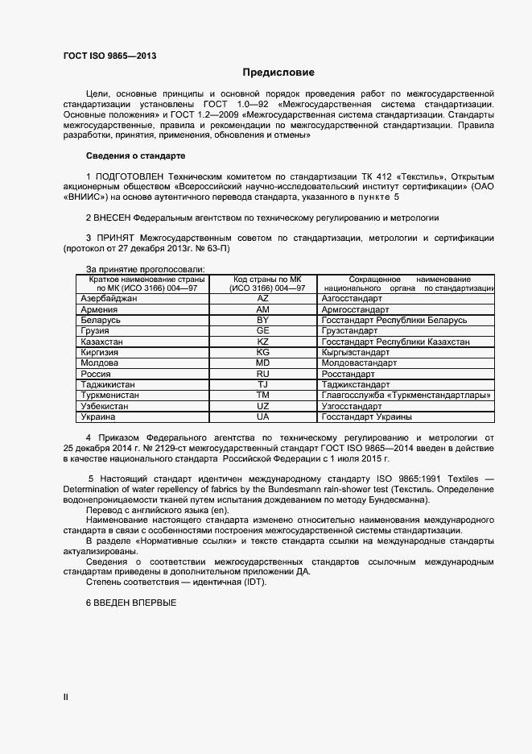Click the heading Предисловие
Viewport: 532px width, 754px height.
pyautogui.click(x=278, y=72)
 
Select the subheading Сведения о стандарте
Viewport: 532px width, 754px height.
pyautogui.click(x=135, y=155)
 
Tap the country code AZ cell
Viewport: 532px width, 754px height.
pyautogui.click(x=262, y=298)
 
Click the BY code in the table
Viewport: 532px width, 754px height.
pyautogui.click(x=262, y=320)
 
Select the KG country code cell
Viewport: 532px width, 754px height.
pyautogui.click(x=262, y=352)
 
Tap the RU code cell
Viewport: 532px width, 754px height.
pyautogui.click(x=262, y=374)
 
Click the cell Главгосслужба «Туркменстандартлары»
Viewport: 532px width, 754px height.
pyautogui.click(x=406, y=396)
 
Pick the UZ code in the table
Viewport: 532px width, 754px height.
pyautogui.click(x=262, y=406)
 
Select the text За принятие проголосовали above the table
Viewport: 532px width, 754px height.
pyautogui.click(x=145, y=268)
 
